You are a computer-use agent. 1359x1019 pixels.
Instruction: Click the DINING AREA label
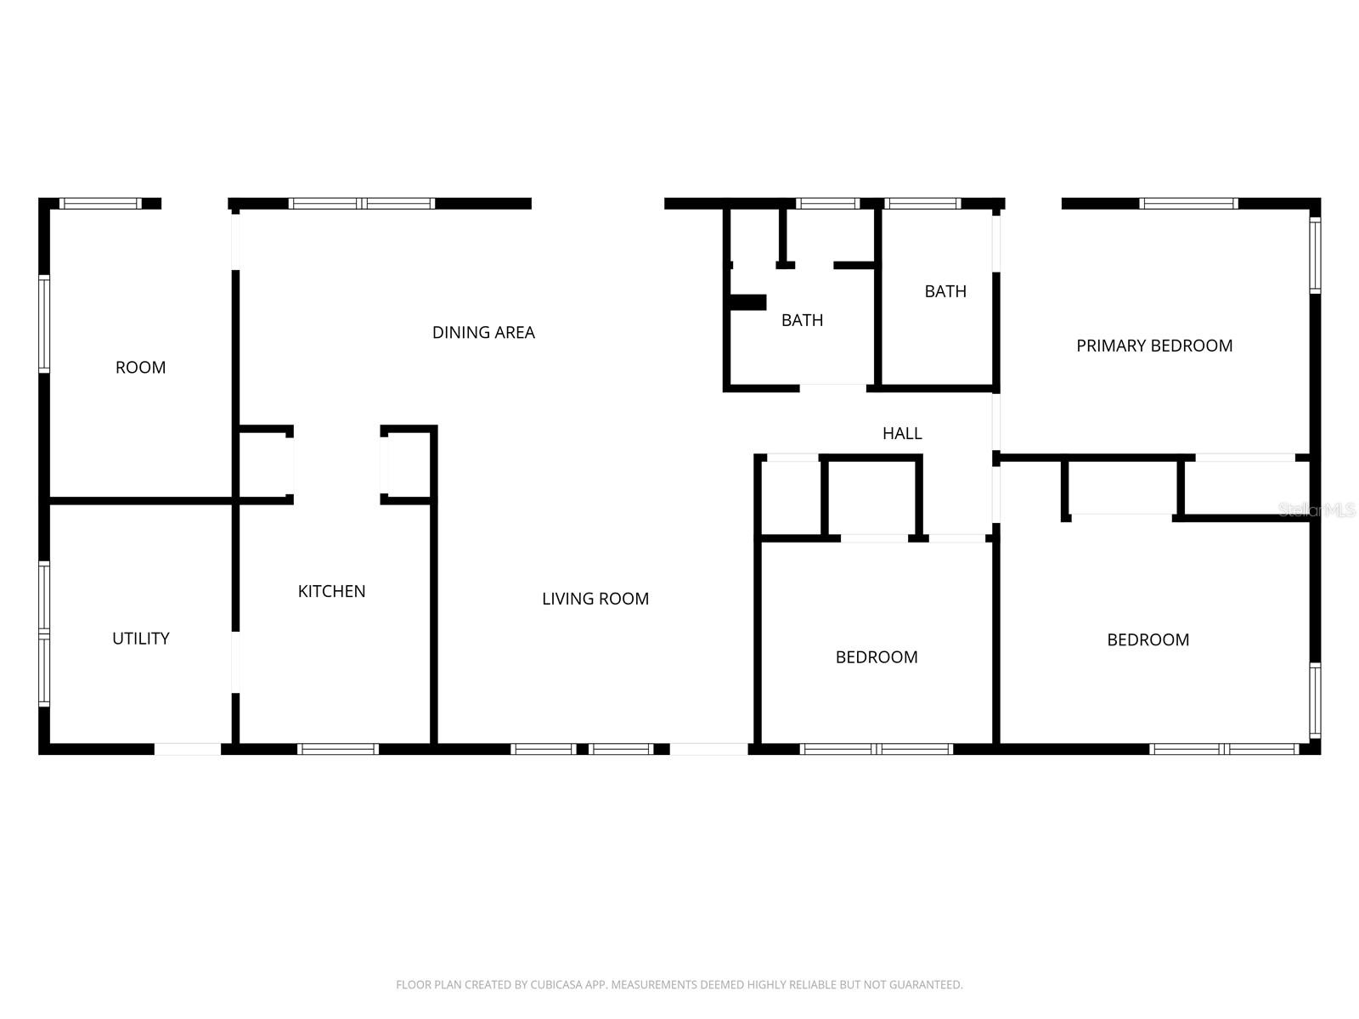coord(483,332)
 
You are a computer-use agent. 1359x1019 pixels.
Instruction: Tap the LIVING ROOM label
coord(595,599)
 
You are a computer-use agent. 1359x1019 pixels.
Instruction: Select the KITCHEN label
coord(331,591)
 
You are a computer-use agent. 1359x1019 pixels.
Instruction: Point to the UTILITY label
coord(140,638)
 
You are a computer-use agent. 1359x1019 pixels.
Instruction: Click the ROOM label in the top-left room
coord(140,367)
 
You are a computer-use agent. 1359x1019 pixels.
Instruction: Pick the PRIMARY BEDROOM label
coord(1154,346)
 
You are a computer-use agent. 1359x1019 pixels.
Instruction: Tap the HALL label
coord(901,433)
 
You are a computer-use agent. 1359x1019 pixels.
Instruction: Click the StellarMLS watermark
coord(1317,509)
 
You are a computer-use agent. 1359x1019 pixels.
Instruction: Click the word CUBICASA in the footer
coord(554,984)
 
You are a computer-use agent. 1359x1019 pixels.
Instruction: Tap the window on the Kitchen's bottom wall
coord(338,749)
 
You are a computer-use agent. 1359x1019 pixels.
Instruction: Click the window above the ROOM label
coord(100,204)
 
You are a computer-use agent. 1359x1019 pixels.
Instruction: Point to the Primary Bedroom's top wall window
coord(1188,204)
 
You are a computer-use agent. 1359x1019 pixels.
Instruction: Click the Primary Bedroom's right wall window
coord(1315,255)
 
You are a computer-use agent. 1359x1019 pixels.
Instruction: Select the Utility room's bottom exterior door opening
coord(188,749)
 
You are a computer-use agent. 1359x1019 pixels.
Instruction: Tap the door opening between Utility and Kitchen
coord(235,662)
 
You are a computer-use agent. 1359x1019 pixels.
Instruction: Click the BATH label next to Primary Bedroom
coord(945,290)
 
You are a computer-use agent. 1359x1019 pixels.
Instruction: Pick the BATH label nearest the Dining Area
coord(802,320)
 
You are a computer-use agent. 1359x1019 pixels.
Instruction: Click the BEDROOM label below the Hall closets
coord(876,656)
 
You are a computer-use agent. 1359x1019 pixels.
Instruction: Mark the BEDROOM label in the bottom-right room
coord(1148,639)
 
